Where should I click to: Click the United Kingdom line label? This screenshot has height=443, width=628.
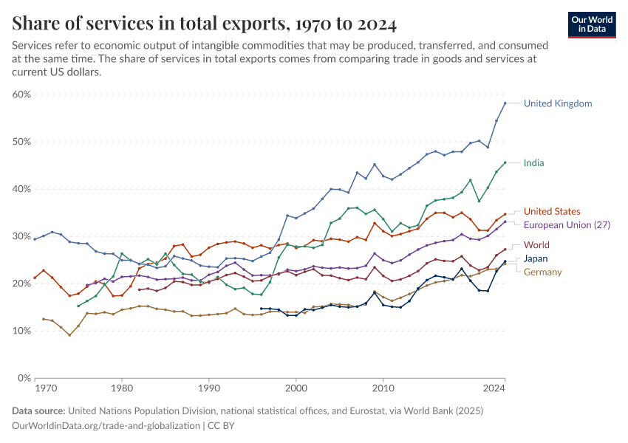[x=557, y=103]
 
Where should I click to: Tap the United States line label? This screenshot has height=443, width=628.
[x=551, y=211]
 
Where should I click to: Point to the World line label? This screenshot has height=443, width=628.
[x=536, y=245]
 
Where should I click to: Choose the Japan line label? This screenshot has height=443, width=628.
[x=536, y=259]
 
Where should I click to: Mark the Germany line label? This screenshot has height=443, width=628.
[x=543, y=272]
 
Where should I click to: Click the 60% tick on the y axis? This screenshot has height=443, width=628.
[x=21, y=95]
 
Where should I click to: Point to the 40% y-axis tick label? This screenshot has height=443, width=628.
[x=21, y=189]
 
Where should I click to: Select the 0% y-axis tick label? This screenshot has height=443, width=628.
[x=23, y=378]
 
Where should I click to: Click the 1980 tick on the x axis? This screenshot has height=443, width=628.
[x=122, y=387]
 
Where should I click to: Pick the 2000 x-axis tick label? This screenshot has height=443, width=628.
[x=296, y=387]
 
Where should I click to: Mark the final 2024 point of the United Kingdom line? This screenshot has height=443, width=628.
[x=505, y=103]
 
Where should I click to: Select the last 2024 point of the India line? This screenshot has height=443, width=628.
[x=505, y=162]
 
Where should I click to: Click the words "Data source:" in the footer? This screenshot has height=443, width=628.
[x=38, y=411]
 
